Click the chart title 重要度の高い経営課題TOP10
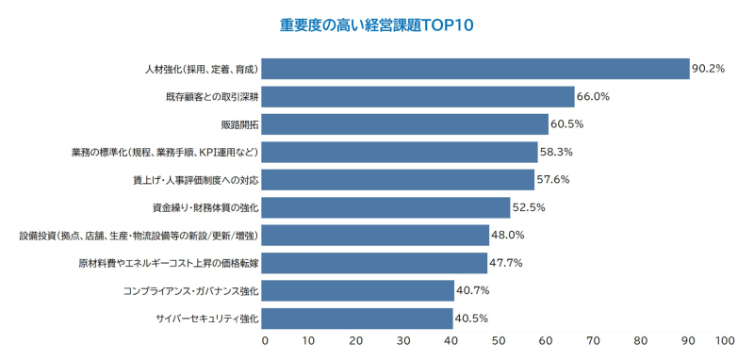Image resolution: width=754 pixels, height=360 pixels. tap(376, 25)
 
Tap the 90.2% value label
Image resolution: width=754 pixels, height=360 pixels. tap(709, 69)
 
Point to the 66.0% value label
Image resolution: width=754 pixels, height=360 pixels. tap(594, 96)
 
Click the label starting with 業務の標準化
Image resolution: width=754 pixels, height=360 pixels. tap(165, 152)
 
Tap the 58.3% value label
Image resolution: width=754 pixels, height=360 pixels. tap(557, 152)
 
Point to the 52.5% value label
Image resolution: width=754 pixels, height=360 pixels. tap(530, 207)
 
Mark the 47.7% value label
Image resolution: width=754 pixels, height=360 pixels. tap(507, 263)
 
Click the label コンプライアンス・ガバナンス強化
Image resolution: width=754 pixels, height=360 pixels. tap(190, 290)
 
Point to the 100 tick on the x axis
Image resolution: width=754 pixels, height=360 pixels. tap(725, 340)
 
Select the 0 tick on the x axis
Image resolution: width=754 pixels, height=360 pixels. tap(265, 340)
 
